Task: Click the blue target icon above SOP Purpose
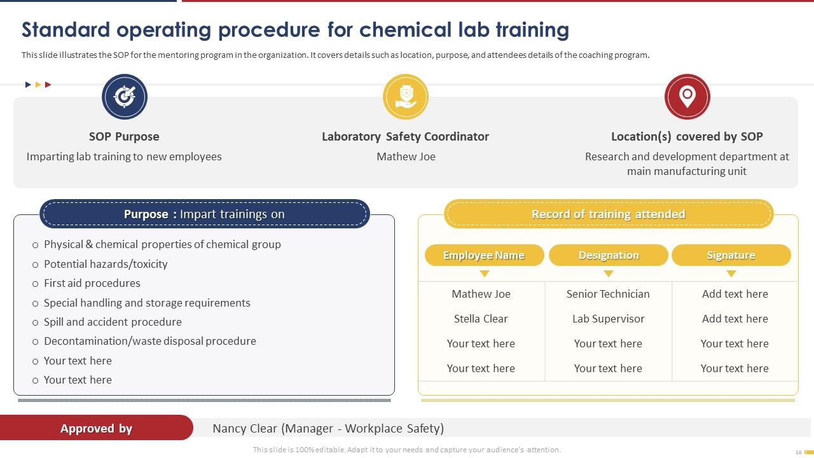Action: tap(125, 97)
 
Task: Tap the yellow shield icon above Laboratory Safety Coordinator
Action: tap(406, 97)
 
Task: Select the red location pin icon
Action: tap(687, 97)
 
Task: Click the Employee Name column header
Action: tap(484, 255)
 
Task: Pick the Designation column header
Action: tap(609, 255)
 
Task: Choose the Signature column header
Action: tap(731, 255)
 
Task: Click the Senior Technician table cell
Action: tap(608, 294)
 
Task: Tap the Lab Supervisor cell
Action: tap(608, 319)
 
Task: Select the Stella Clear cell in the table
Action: tap(481, 319)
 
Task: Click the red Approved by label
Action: tap(96, 428)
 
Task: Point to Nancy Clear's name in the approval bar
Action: tap(244, 428)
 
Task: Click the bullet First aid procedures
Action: tap(92, 283)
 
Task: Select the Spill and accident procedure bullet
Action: tap(113, 322)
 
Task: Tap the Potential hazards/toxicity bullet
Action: tap(106, 264)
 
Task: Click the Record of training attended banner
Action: tap(608, 214)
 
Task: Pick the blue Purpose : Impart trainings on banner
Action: tap(204, 214)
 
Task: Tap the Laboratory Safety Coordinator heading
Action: tap(405, 136)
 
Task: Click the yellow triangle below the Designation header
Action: tap(609, 274)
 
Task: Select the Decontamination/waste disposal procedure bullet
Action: tap(149, 341)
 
